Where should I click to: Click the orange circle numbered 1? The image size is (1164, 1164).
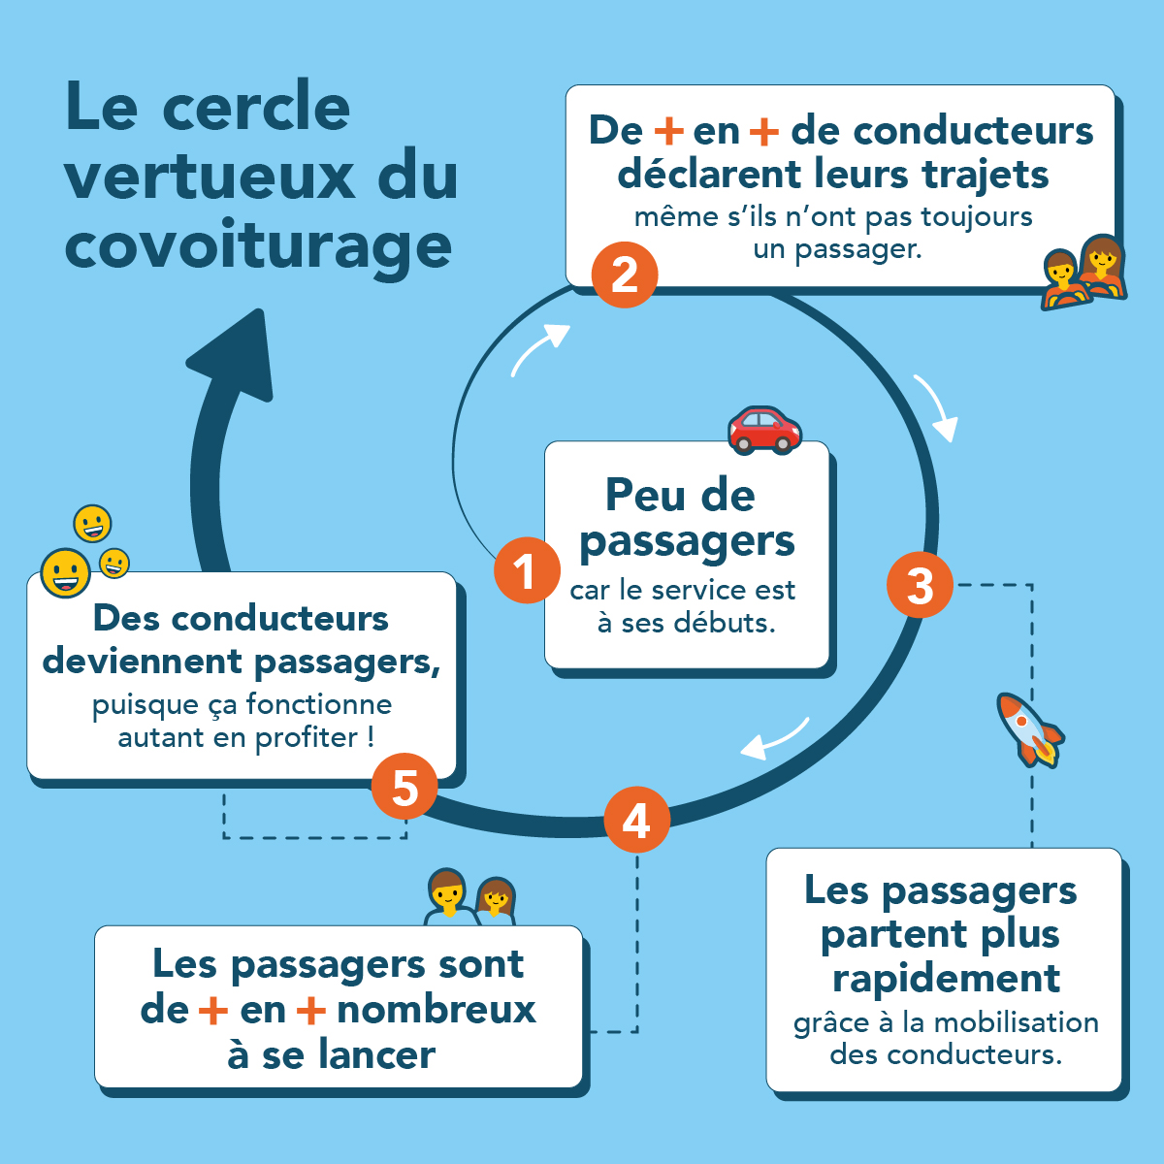tap(527, 569)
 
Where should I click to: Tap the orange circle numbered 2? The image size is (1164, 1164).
tap(625, 275)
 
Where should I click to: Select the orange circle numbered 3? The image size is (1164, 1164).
tap(920, 585)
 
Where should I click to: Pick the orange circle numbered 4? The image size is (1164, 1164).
tap(636, 820)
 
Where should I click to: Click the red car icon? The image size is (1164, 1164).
tap(764, 430)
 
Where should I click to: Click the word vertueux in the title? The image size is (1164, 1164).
tap(210, 176)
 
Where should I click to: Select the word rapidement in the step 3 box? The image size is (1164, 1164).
tap(946, 978)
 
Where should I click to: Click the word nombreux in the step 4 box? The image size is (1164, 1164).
tap(436, 1010)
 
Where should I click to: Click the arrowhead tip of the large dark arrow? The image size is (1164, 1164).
tap(259, 312)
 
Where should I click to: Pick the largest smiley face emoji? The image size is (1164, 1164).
tap(65, 572)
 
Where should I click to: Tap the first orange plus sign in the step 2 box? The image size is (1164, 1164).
tap(668, 131)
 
